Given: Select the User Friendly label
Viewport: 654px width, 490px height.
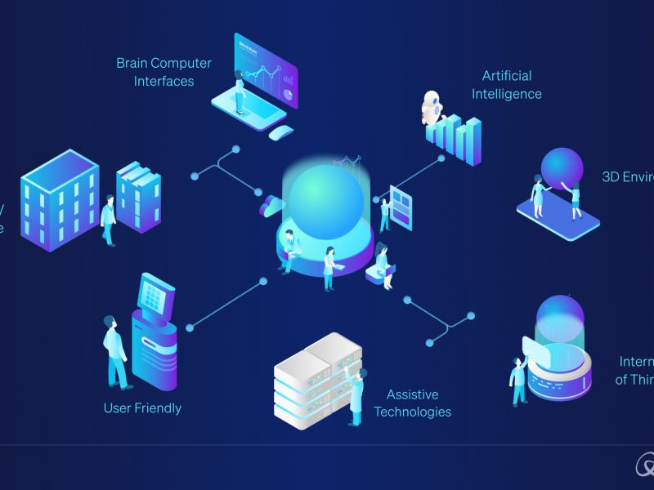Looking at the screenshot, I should (x=142, y=408).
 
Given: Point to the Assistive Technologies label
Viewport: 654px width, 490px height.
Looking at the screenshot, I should (x=413, y=403).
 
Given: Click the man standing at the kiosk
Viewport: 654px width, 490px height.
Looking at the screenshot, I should (x=114, y=351).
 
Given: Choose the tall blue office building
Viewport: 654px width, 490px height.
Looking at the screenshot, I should (x=60, y=200).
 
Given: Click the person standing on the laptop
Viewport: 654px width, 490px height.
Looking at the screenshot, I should (x=240, y=94).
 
